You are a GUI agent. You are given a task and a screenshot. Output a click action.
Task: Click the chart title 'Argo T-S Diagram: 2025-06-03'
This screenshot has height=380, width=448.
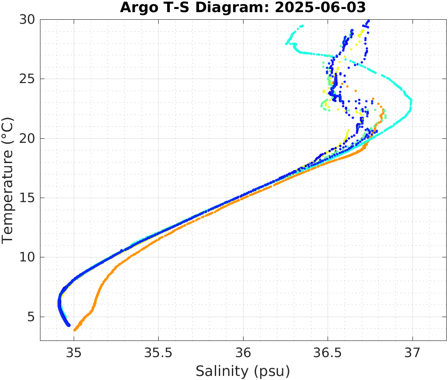point(243,8)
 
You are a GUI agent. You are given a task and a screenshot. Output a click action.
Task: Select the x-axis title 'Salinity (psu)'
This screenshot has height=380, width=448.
point(243,371)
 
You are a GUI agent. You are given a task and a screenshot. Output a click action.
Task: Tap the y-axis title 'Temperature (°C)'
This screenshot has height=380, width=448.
point(8,180)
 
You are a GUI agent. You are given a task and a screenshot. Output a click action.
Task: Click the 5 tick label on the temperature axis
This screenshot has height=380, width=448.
point(31,317)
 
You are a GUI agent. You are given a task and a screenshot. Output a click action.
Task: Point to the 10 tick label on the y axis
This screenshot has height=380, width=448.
point(27,257)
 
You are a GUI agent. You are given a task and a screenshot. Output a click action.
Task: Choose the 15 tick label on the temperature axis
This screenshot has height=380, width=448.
point(27,198)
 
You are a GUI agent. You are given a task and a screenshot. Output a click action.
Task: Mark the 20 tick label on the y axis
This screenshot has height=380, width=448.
point(27,138)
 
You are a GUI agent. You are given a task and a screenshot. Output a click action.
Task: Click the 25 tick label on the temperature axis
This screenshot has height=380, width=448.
point(27,79)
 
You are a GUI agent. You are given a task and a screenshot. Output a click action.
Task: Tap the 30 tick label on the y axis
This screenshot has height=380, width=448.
point(27,20)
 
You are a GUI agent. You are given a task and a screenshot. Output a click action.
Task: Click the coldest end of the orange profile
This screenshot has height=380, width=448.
point(75,330)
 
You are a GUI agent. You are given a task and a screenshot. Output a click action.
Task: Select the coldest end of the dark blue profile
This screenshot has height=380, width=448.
point(69,325)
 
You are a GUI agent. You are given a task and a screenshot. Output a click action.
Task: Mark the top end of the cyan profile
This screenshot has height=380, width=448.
point(302,26)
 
